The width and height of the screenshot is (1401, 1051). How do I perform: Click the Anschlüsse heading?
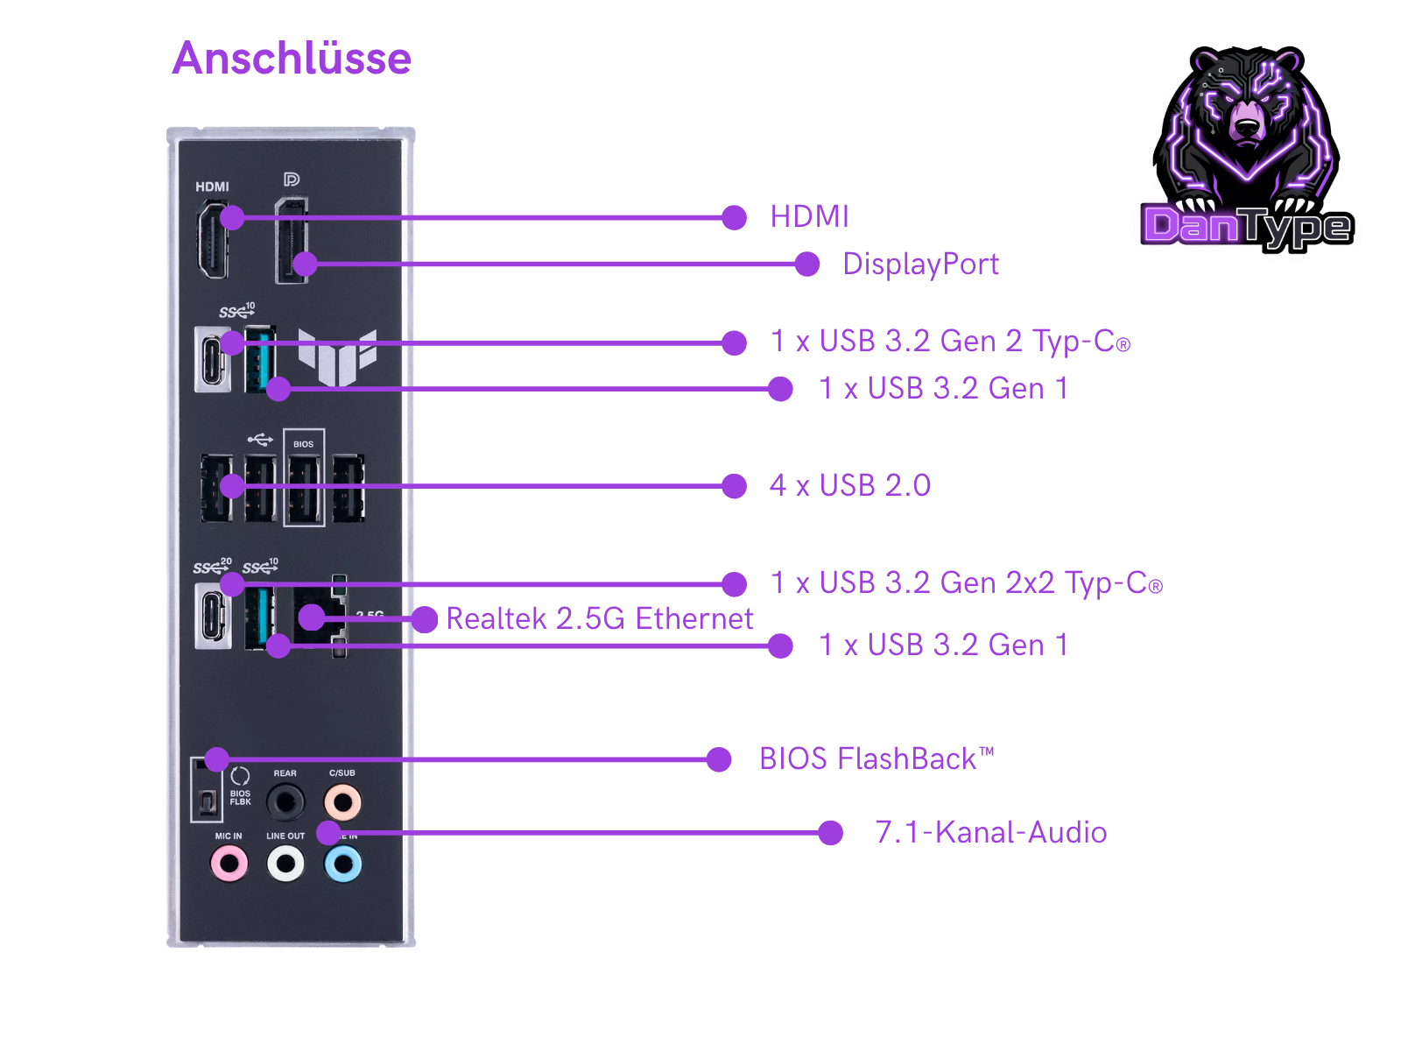pos(292,59)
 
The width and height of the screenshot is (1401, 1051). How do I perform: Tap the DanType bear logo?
pos(1248,149)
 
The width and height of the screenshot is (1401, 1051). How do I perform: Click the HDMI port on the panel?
pos(212,239)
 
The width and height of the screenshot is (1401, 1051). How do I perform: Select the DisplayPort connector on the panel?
pos(292,241)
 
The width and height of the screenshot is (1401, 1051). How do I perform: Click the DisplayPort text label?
pos(920,264)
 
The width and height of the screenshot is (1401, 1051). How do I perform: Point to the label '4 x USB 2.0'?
pos(849,485)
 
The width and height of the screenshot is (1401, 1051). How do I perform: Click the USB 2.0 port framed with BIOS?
pos(304,488)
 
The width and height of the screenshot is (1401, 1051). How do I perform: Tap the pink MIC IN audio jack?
pos(229,864)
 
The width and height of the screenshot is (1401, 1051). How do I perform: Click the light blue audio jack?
pos(342,864)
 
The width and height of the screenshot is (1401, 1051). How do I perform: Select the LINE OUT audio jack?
pos(285,864)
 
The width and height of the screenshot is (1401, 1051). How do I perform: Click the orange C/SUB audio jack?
pos(342,801)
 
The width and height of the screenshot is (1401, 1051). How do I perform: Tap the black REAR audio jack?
pos(285,801)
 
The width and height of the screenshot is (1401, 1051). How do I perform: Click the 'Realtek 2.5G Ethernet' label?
pos(600,619)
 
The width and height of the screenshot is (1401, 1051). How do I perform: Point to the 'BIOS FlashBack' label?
pos(877,758)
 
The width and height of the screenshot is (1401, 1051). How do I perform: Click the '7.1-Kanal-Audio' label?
pos(990,832)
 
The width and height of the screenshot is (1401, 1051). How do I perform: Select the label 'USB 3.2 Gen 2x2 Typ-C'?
pos(966,583)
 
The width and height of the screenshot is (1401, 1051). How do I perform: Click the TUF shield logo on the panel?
pos(337,356)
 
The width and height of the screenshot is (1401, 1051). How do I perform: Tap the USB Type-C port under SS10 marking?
pos(212,359)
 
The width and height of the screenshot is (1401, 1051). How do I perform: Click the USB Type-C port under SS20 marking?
pos(213,617)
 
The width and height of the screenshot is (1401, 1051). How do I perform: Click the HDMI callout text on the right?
pos(809,216)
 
